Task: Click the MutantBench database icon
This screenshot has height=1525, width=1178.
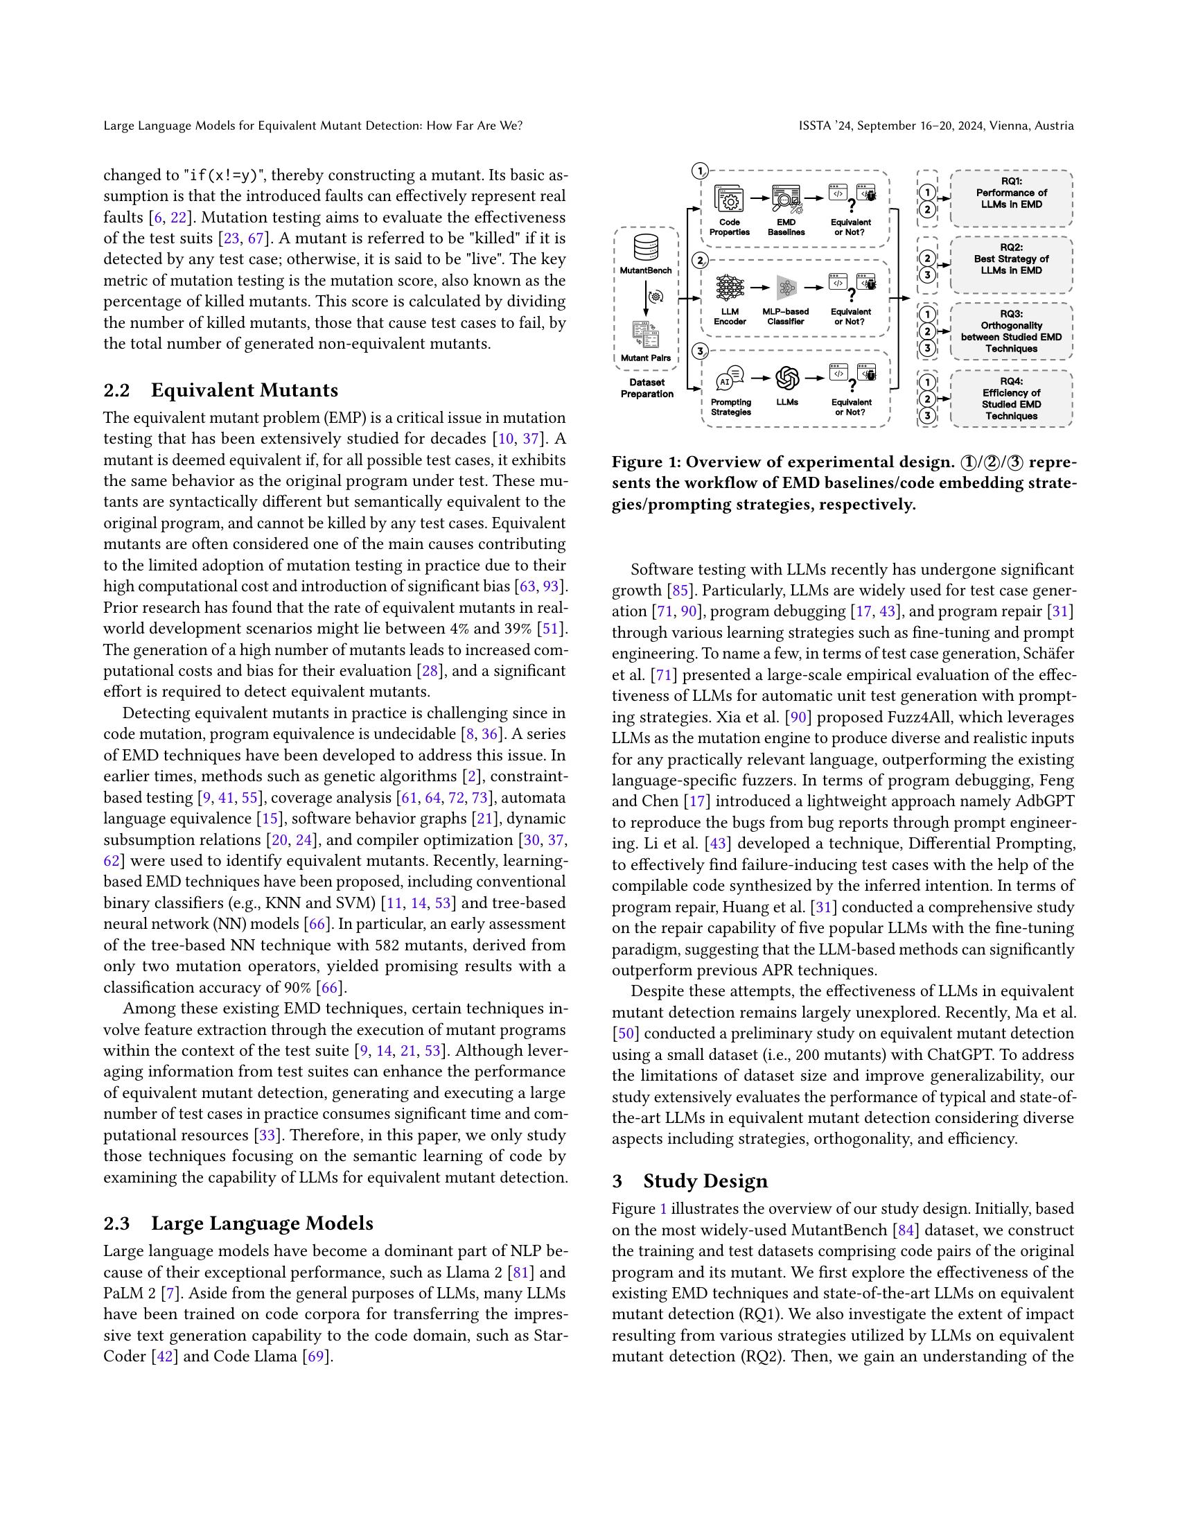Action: tap(647, 248)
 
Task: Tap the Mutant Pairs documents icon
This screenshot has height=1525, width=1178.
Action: tap(647, 335)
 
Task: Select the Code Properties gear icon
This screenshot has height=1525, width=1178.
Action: tap(729, 200)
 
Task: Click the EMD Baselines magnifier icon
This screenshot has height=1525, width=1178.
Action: tap(786, 200)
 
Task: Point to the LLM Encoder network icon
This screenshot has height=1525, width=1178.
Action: tap(730, 287)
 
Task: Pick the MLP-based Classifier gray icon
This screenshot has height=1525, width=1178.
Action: tap(786, 287)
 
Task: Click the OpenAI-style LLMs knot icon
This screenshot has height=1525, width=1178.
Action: tap(787, 378)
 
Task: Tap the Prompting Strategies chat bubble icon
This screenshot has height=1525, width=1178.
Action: tap(730, 378)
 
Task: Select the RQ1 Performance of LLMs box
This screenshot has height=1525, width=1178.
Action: tap(1011, 198)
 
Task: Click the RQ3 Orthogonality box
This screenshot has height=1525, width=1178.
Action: tap(1011, 331)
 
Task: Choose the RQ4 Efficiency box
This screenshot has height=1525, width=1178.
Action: tap(1011, 399)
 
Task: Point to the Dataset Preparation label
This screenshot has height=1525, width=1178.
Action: tap(647, 388)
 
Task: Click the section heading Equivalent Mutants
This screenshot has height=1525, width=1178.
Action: tap(244, 390)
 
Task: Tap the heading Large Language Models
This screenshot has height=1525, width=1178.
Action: tap(262, 1223)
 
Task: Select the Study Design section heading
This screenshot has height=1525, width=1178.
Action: tap(705, 1180)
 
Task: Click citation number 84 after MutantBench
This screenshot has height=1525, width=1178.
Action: tap(905, 1230)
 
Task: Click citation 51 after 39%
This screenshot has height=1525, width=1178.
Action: tap(552, 629)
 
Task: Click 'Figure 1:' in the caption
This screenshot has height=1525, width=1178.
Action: tap(646, 462)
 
